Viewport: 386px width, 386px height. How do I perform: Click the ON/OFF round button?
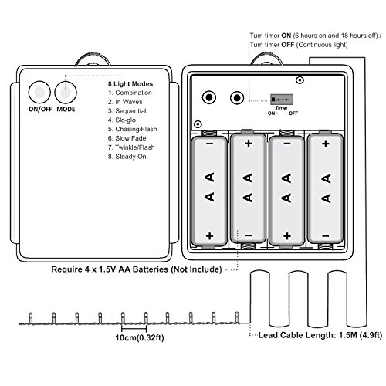(x=39, y=93)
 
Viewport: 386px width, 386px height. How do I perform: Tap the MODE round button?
(x=66, y=93)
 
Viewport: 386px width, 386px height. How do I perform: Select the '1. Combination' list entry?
(x=130, y=93)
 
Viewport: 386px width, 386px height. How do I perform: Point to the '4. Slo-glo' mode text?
(x=122, y=120)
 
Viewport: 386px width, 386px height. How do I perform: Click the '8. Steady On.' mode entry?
(x=128, y=157)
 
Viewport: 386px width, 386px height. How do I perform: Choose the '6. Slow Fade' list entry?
(x=127, y=138)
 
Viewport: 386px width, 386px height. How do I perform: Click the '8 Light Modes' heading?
(x=130, y=84)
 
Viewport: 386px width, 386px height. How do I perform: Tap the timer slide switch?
(x=282, y=100)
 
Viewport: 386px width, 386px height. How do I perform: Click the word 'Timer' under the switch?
(x=282, y=108)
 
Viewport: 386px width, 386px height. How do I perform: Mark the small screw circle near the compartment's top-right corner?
(x=300, y=80)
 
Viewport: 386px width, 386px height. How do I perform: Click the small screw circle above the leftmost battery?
(x=198, y=124)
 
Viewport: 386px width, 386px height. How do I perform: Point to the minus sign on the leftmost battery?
(x=210, y=144)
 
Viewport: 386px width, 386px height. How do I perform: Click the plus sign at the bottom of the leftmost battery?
(x=210, y=236)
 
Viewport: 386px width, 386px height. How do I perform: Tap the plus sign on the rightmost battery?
(x=326, y=144)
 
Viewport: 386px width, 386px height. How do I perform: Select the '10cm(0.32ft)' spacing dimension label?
(x=140, y=337)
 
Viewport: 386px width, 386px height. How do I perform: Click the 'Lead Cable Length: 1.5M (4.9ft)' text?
(x=320, y=335)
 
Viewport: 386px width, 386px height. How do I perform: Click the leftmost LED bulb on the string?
(x=31, y=317)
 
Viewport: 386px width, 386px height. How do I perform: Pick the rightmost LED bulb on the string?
(x=237, y=317)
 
